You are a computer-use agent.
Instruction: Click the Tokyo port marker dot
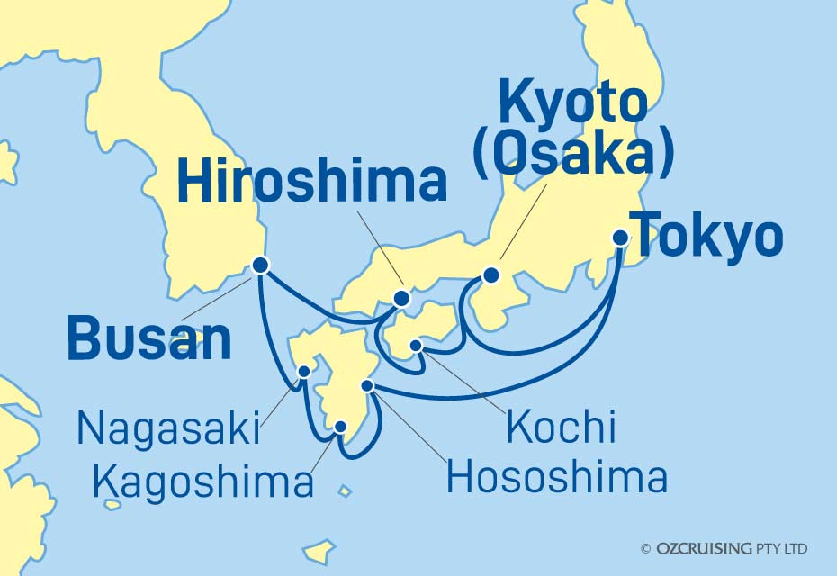[x=620, y=238]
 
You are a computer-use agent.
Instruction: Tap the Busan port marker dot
[x=260, y=265]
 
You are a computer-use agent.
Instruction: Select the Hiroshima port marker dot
[x=402, y=298]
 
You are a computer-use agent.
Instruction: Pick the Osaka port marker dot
[x=490, y=275]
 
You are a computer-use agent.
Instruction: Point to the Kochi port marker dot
[x=416, y=345]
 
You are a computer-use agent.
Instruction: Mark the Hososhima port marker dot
[x=367, y=386]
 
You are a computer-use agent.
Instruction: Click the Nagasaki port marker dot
[x=304, y=370]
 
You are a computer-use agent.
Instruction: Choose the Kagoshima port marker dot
[x=340, y=427]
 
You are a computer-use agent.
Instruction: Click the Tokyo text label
[x=706, y=238]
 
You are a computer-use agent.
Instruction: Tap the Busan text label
[x=148, y=339]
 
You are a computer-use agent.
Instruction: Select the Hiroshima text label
[x=311, y=182]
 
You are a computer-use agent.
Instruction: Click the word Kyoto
[x=573, y=103]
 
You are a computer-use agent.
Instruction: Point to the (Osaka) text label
[x=573, y=155]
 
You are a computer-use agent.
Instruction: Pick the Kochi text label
[x=561, y=427]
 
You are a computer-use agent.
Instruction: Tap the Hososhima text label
[x=557, y=477]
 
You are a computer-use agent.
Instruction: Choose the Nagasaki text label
[x=168, y=428]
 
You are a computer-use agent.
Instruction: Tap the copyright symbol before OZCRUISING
[x=645, y=548]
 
